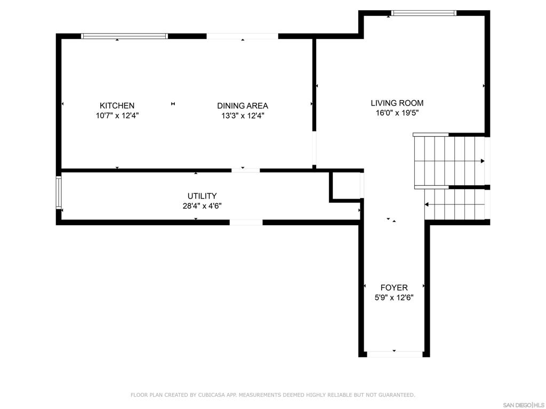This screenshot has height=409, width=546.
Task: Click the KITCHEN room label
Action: click(x=117, y=106)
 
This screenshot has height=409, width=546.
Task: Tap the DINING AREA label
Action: click(x=243, y=106)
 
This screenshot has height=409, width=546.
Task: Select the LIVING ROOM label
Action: click(x=397, y=103)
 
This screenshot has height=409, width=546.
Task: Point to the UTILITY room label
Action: click(x=202, y=196)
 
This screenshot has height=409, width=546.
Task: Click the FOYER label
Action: click(x=394, y=288)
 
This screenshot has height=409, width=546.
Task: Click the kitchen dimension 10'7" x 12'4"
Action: click(x=117, y=116)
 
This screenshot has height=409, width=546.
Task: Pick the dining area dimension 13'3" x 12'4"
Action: click(x=243, y=116)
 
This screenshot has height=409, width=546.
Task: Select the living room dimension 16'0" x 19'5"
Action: click(x=397, y=113)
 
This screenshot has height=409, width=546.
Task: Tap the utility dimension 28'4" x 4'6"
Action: click(x=202, y=206)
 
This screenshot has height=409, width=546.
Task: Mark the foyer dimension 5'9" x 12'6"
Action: click(x=394, y=298)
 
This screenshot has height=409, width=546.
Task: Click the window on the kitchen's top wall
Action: click(x=124, y=36)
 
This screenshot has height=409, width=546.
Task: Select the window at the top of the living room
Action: click(x=423, y=13)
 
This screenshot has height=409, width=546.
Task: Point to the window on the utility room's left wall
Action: click(x=59, y=192)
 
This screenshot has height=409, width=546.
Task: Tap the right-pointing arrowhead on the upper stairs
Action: click(x=483, y=161)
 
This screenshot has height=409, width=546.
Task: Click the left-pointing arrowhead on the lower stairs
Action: click(x=427, y=204)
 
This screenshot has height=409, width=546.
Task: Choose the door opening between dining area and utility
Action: click(x=245, y=170)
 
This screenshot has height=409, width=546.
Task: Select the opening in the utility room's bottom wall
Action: click(x=246, y=223)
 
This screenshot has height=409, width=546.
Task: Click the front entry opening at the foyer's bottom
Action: click(x=395, y=354)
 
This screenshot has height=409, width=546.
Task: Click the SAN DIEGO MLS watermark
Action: click(x=524, y=405)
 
